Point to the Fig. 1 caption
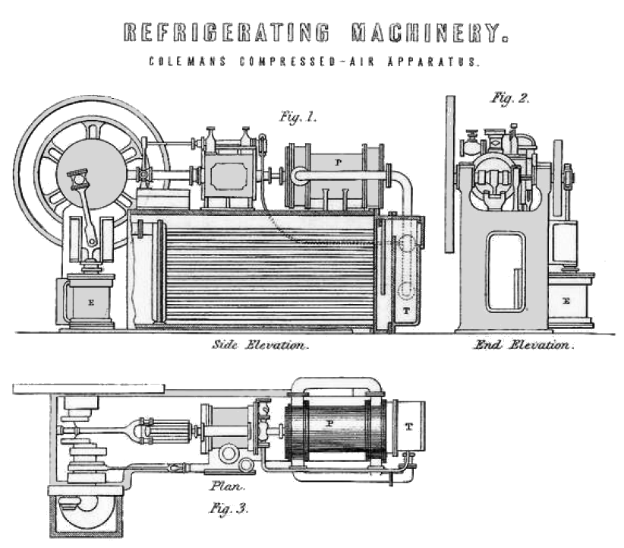[298, 119]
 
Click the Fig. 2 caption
[510, 99]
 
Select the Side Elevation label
[260, 345]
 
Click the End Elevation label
[522, 345]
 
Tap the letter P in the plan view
[330, 423]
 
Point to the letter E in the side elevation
[90, 302]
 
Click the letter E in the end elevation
[566, 301]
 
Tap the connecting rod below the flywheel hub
[87, 220]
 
